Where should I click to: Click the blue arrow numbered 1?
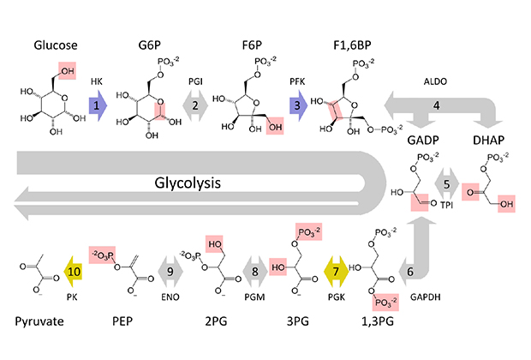point(98,105)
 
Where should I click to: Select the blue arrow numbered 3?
point(298,105)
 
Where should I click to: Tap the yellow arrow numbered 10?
point(74,272)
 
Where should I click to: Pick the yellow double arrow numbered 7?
point(336,272)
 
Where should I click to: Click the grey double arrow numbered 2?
point(195,105)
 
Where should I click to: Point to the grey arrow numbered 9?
point(170,272)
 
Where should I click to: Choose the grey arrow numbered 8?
point(255,272)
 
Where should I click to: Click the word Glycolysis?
point(188,183)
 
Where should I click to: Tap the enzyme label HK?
point(97,81)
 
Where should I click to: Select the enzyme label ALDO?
point(435,81)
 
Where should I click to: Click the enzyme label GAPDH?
point(426,297)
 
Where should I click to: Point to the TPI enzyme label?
point(447,205)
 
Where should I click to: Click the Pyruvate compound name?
point(39,321)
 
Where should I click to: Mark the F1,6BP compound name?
point(352,45)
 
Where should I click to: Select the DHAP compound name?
point(489,140)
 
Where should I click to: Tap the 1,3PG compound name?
point(378,321)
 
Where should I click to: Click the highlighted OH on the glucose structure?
point(67,70)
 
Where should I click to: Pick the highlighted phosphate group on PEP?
point(102,255)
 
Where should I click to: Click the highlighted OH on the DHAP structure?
point(507,204)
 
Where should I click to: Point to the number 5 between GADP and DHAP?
point(447,184)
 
